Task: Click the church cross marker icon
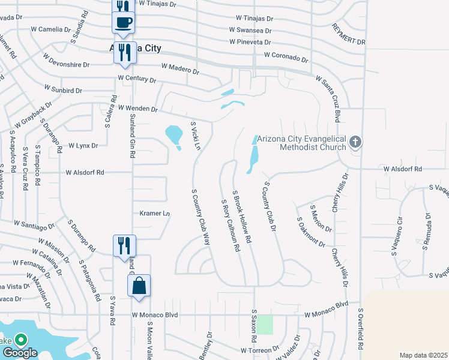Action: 355,142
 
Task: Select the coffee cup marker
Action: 123,23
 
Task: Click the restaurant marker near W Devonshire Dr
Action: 124,52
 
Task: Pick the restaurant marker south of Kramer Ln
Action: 124,245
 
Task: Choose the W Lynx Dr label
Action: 83,145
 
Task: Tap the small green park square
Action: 265,325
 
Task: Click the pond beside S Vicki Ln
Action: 173,135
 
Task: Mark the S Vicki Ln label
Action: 194,136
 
